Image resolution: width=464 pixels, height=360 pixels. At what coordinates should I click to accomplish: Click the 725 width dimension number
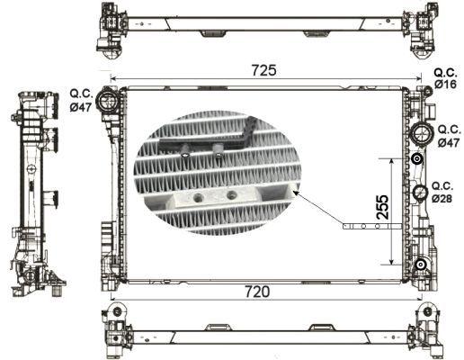[263, 69]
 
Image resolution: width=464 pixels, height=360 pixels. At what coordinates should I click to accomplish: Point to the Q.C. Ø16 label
[445, 77]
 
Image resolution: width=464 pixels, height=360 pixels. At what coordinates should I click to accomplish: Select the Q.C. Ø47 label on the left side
[82, 99]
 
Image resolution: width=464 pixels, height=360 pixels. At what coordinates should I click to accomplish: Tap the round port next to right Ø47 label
[419, 134]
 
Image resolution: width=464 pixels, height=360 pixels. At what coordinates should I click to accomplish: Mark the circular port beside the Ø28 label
[419, 193]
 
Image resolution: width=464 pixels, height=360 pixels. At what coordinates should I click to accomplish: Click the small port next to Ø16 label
[419, 90]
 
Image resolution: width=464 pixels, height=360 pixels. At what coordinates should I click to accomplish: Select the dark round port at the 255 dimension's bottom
[419, 264]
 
